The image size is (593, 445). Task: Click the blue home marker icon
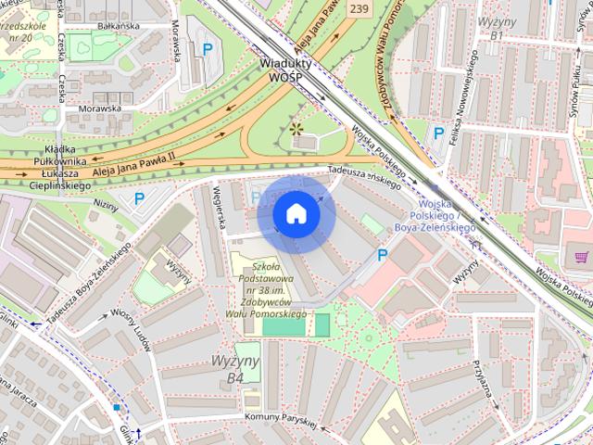pyautogui.click(x=296, y=213)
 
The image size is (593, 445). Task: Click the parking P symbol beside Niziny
pyautogui.click(x=140, y=197)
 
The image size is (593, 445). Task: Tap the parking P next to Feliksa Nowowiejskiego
pyautogui.click(x=437, y=133)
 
